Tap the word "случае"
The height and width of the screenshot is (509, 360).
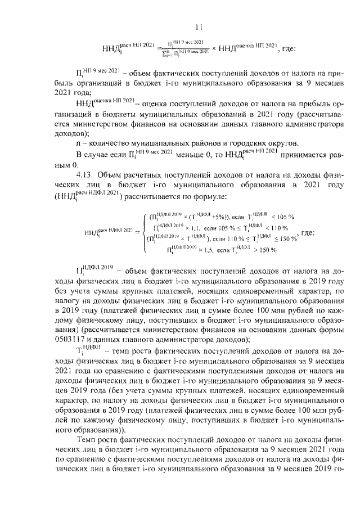click(100, 154)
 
